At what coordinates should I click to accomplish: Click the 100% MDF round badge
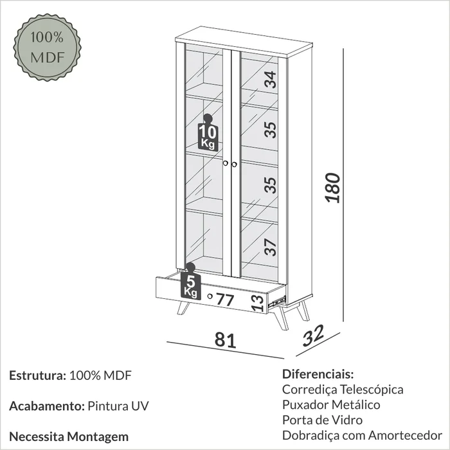(48, 48)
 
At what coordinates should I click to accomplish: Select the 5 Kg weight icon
(191, 282)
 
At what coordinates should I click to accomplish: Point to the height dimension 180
(333, 188)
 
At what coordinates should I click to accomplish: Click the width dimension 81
(225, 340)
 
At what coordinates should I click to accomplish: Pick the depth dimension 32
(314, 335)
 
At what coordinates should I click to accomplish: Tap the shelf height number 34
(271, 80)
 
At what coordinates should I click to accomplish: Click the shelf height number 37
(271, 247)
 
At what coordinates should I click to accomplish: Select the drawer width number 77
(225, 300)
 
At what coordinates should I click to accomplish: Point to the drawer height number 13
(258, 303)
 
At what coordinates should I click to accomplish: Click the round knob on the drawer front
(210, 296)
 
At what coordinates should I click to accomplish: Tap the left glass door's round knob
(225, 163)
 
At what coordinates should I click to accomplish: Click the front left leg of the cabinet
(183, 308)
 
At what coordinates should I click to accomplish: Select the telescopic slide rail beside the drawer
(277, 301)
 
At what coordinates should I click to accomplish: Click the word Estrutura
(37, 375)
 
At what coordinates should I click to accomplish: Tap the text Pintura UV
(118, 406)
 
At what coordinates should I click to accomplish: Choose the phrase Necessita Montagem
(69, 437)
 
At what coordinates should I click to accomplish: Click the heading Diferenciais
(318, 374)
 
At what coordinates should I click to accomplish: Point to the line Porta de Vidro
(322, 420)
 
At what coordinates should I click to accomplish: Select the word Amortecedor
(405, 435)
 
